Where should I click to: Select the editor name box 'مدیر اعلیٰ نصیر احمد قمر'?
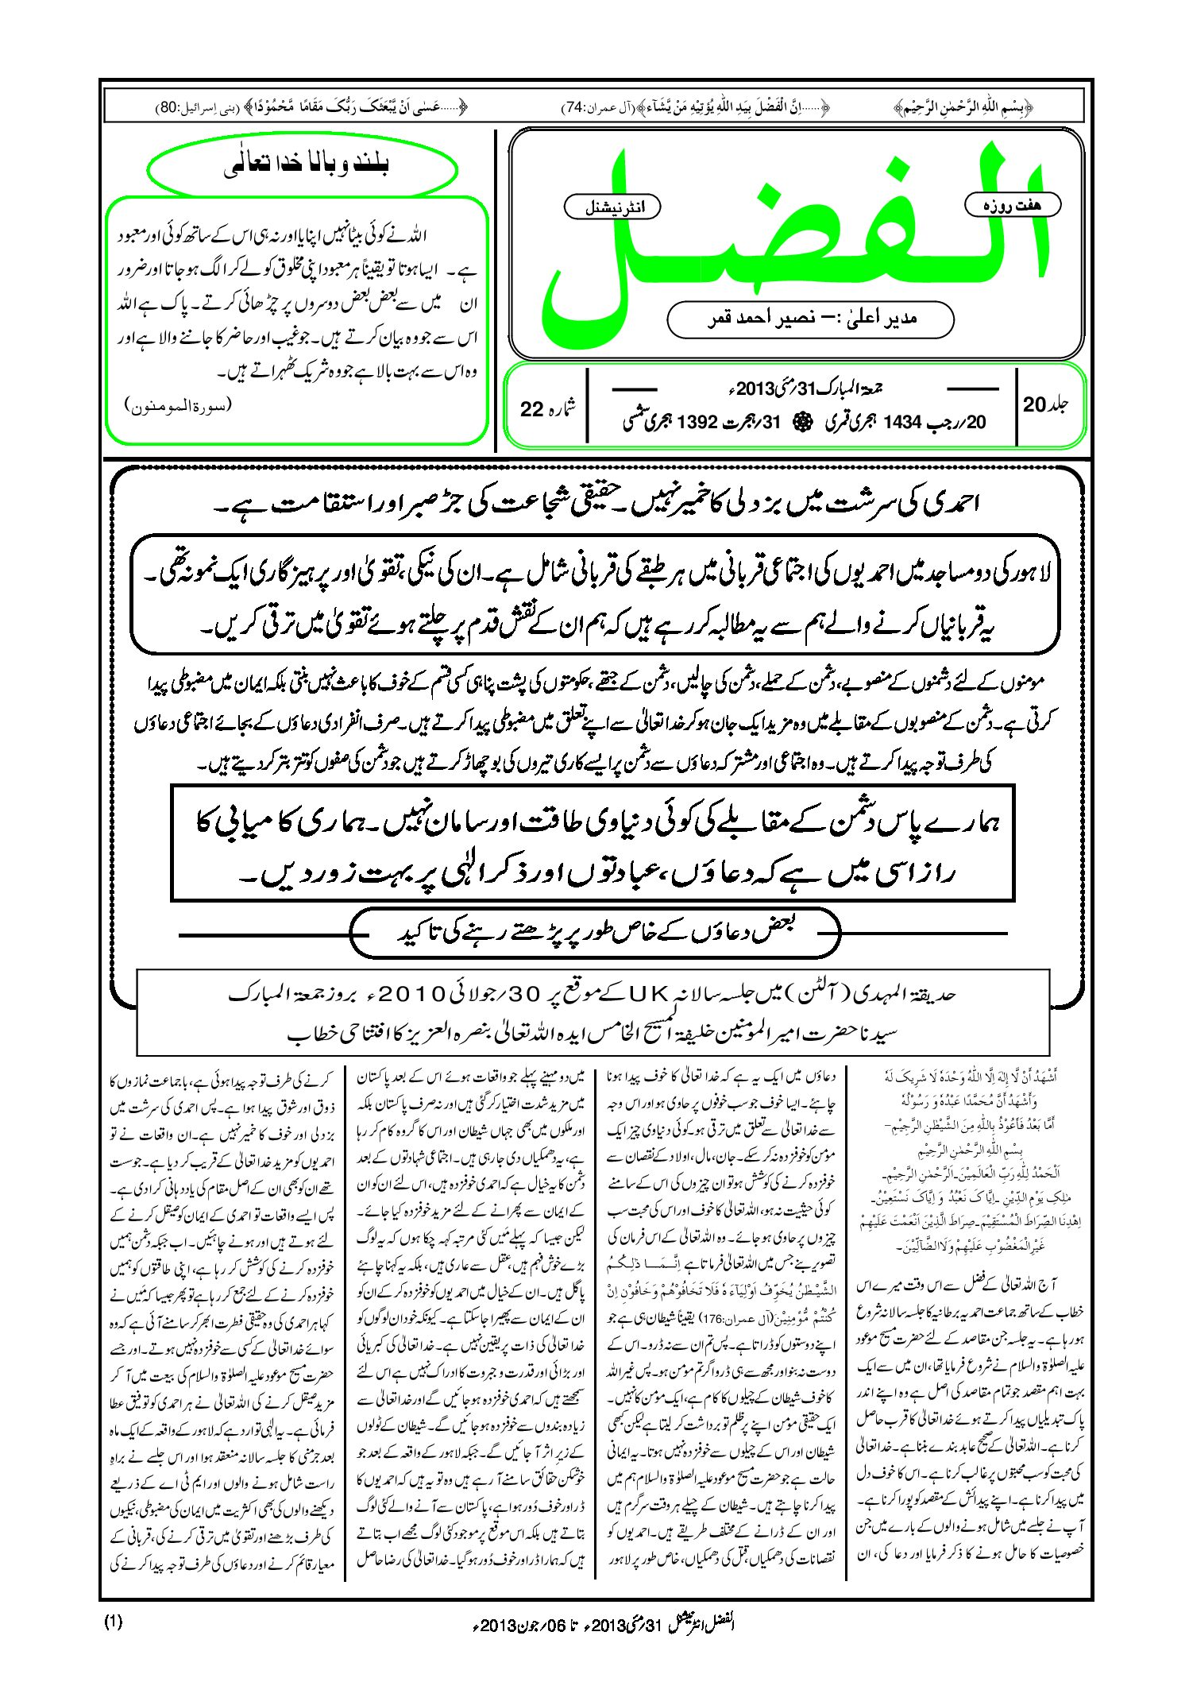[x=810, y=319]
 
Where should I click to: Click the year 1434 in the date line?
[x=901, y=422]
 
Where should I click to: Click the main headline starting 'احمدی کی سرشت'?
[x=604, y=505]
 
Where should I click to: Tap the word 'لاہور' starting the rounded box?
[x=1029, y=571]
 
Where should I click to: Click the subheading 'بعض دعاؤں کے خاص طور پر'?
[x=596, y=931]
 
